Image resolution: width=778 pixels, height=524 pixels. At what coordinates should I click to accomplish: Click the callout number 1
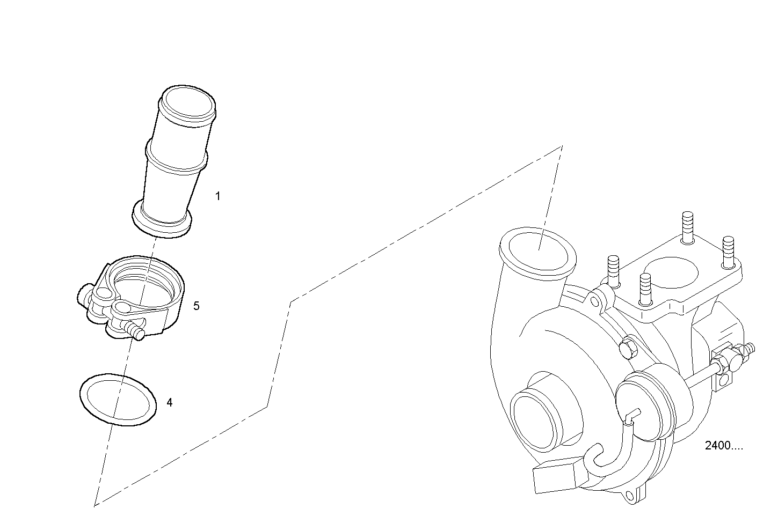click(x=218, y=196)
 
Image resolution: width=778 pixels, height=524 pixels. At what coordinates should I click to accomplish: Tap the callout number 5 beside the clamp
click(x=197, y=306)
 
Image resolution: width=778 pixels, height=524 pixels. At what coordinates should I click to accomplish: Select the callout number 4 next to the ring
click(x=170, y=403)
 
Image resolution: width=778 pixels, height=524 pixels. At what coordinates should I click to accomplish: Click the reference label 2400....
click(x=723, y=446)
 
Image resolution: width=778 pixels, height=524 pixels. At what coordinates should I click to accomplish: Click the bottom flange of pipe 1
click(x=162, y=222)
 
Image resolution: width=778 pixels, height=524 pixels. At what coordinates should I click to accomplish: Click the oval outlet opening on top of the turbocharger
click(x=538, y=251)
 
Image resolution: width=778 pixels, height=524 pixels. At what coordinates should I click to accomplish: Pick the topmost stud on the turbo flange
click(x=688, y=227)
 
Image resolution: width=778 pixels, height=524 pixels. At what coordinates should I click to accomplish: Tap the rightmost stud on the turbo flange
click(x=728, y=252)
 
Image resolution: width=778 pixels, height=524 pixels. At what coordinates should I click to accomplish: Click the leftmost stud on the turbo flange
click(x=614, y=271)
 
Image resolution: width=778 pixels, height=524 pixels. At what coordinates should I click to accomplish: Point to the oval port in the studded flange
click(x=671, y=272)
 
